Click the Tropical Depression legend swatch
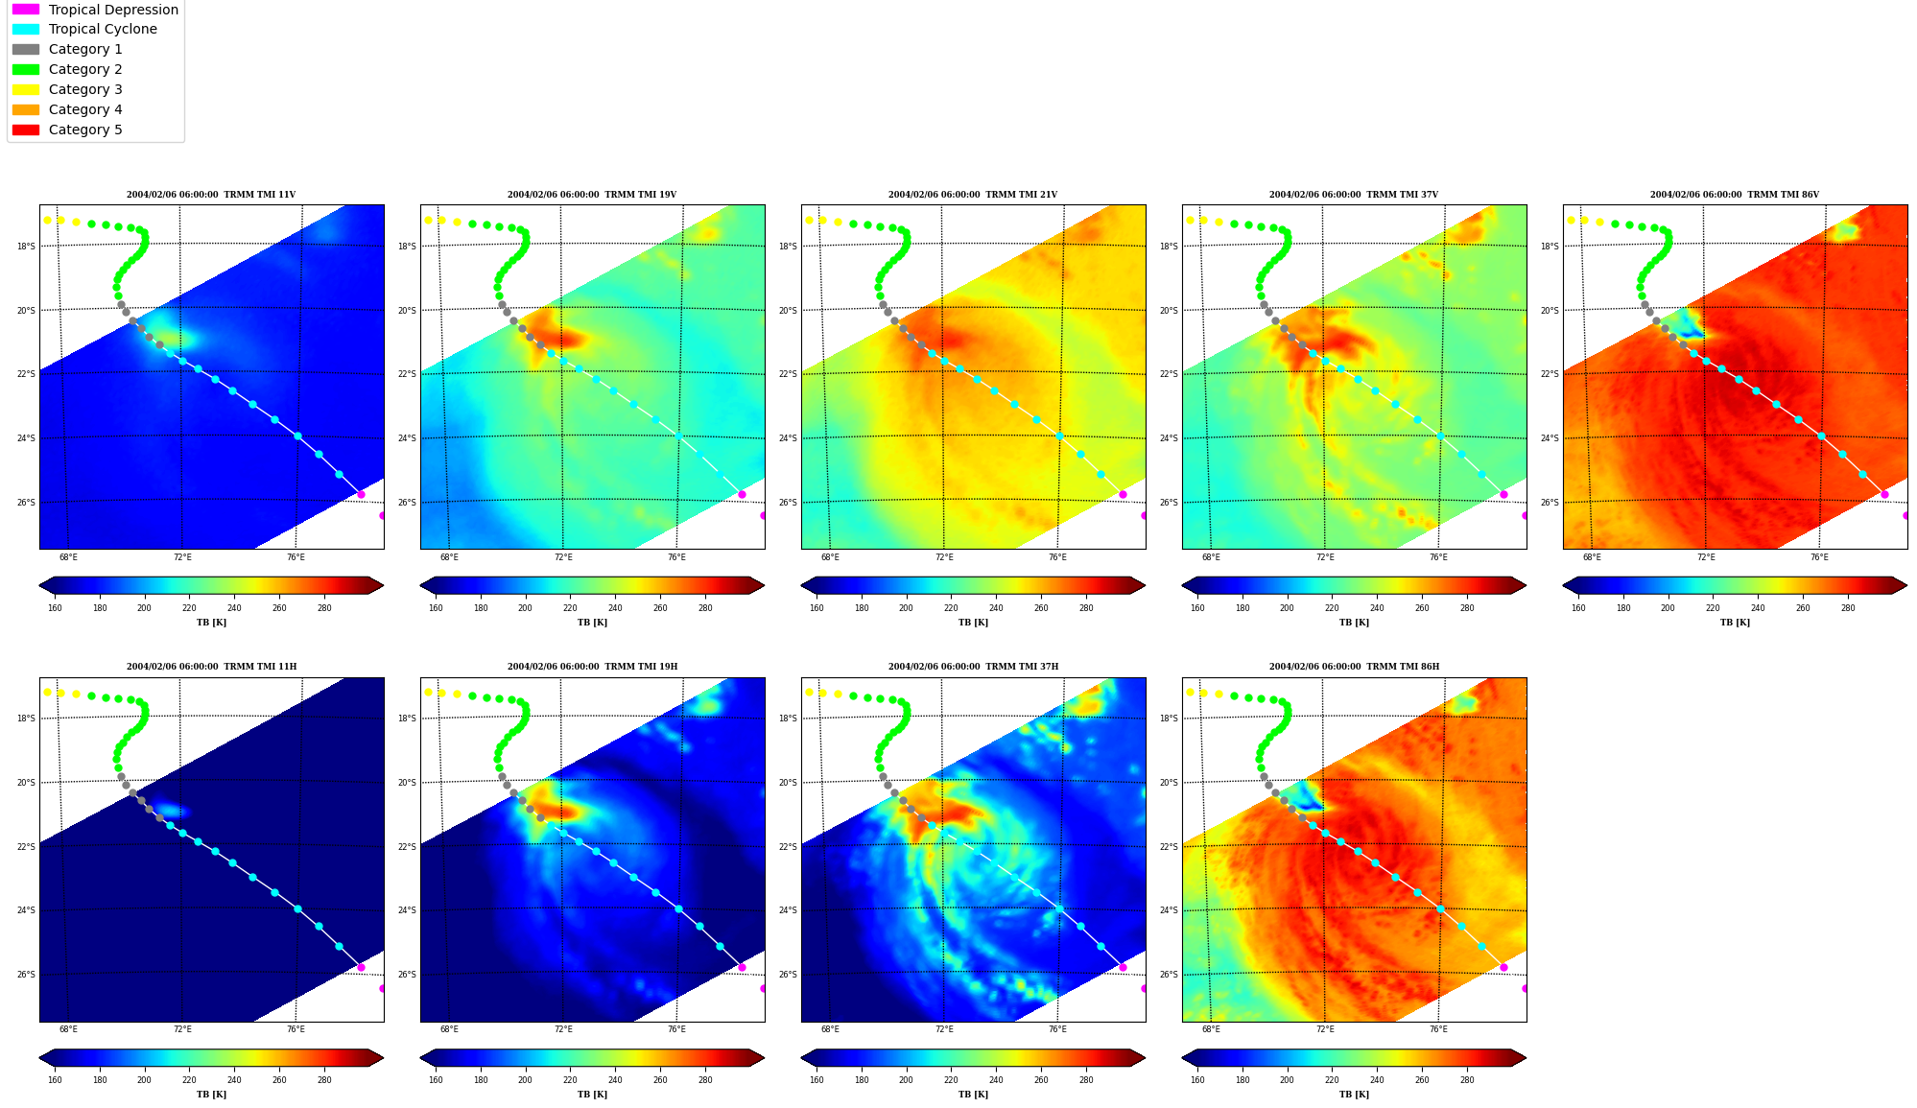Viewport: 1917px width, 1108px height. pyautogui.click(x=26, y=10)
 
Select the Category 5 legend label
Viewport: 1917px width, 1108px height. pyautogui.click(x=85, y=130)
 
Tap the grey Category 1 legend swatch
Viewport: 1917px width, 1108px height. pyautogui.click(x=26, y=49)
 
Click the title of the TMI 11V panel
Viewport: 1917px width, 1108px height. pyautogui.click(x=211, y=195)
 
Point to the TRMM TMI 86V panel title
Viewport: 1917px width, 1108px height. pyautogui.click(x=1735, y=195)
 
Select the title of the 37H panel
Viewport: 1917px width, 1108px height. pyautogui.click(x=973, y=667)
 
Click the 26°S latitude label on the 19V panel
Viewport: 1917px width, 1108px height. pyautogui.click(x=407, y=503)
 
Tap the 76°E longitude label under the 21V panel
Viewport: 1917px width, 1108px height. pyautogui.click(x=1057, y=557)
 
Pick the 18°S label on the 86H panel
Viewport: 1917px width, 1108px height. pyautogui.click(x=1169, y=719)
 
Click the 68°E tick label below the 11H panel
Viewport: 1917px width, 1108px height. pyautogui.click(x=68, y=1029)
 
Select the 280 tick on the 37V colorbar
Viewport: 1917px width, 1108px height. pyautogui.click(x=1467, y=608)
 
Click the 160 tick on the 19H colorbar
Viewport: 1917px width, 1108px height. pyautogui.click(x=436, y=1080)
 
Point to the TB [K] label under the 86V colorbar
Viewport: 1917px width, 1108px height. pyautogui.click(x=1735, y=623)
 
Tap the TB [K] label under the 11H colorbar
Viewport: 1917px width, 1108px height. pyautogui.click(x=211, y=1095)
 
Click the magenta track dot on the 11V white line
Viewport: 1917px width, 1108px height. pyautogui.click(x=361, y=494)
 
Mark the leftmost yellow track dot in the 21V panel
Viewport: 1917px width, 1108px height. pyautogui.click(x=809, y=220)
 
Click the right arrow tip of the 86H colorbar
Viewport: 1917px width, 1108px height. pyautogui.click(x=1526, y=1058)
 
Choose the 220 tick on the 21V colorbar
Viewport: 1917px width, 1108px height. pyautogui.click(x=951, y=608)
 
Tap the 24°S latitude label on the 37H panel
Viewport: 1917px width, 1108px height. pyautogui.click(x=788, y=910)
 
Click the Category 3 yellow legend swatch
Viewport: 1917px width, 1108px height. pyautogui.click(x=26, y=89)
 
